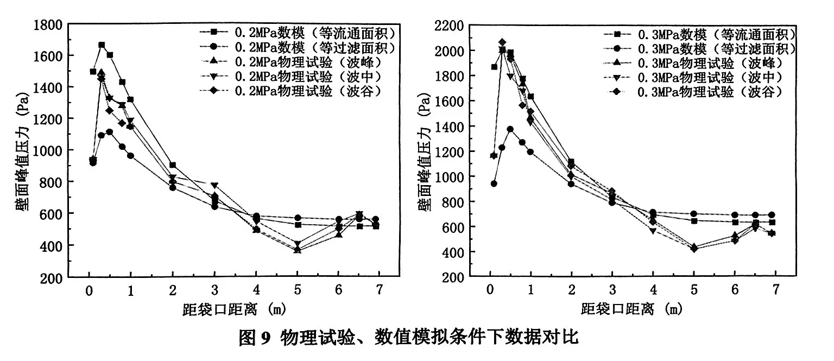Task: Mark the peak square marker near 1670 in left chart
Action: [102, 45]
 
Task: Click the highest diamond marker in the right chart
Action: [502, 42]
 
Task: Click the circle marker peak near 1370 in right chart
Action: [510, 129]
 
